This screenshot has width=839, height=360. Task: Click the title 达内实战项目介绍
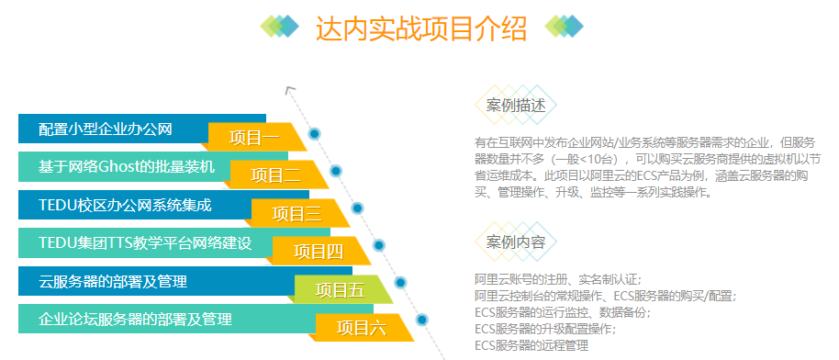click(x=421, y=29)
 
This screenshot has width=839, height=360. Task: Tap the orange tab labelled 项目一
click(x=253, y=138)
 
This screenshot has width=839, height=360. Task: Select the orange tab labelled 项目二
click(x=275, y=175)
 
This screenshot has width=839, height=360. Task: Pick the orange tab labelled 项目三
click(x=296, y=214)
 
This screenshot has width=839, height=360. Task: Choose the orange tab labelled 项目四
click(x=319, y=251)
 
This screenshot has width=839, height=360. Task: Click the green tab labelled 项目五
click(x=340, y=290)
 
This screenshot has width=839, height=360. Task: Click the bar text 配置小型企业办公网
click(x=106, y=129)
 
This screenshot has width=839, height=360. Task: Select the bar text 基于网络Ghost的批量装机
click(x=127, y=166)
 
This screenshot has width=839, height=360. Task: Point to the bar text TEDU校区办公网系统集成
click(x=125, y=205)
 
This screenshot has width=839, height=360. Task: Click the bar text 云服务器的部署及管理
click(x=113, y=281)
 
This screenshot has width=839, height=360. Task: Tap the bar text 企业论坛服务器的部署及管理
click(x=135, y=320)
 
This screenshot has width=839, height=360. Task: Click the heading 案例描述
click(x=516, y=106)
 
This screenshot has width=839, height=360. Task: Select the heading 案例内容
click(x=516, y=242)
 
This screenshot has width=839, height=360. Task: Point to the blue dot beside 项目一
click(x=315, y=133)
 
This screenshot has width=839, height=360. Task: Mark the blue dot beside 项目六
click(x=422, y=320)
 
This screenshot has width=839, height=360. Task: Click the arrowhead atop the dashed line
click(x=290, y=90)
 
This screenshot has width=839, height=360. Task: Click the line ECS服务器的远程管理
click(x=531, y=345)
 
